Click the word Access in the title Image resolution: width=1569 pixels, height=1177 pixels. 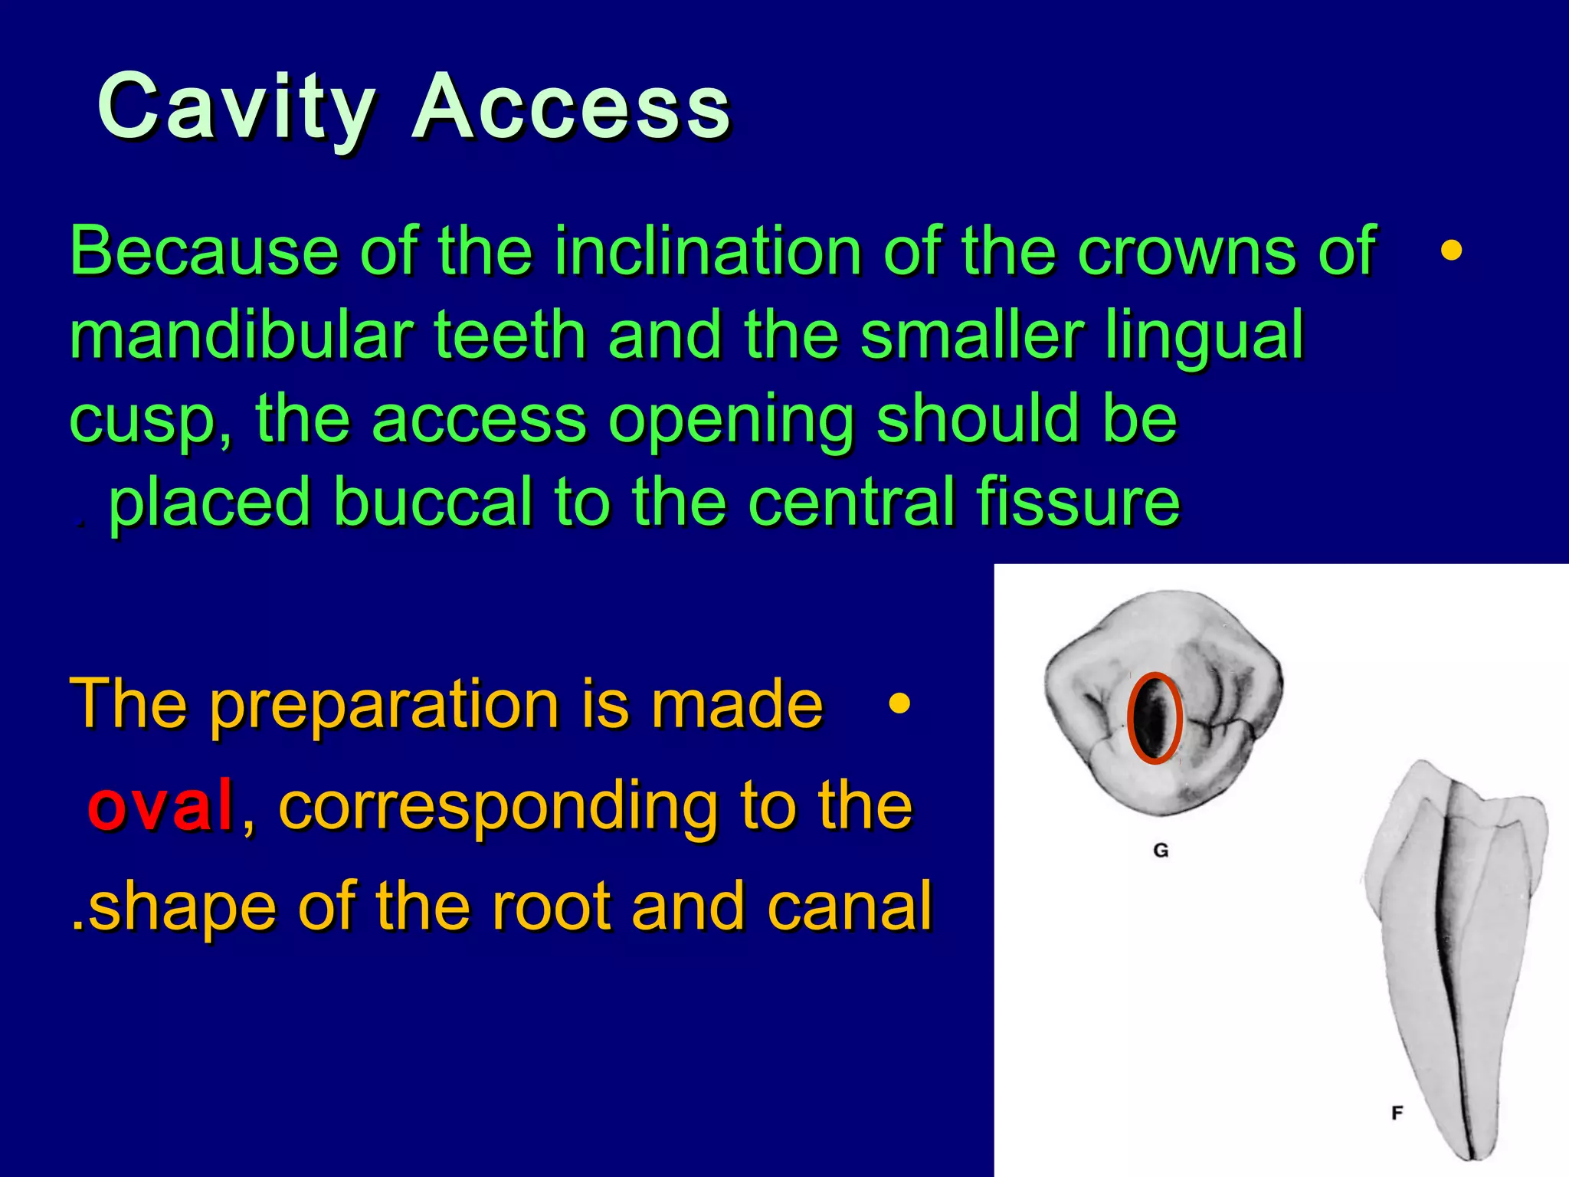pos(571,107)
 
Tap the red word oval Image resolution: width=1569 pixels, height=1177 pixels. pos(160,805)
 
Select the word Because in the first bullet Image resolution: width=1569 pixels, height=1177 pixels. pos(204,251)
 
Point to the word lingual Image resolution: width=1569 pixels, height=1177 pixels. pos(1204,337)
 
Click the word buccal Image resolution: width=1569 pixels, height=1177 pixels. pos(433,502)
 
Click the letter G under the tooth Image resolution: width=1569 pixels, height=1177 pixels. pos(1161,850)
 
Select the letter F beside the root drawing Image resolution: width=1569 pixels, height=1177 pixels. pos(1397,1113)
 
